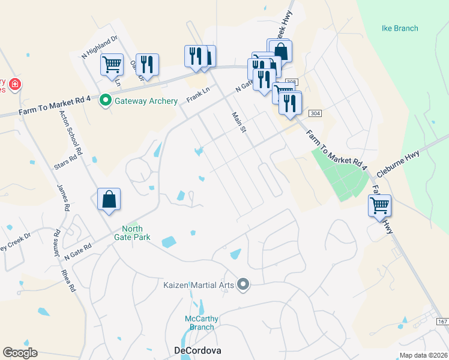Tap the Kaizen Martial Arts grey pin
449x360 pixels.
click(243, 284)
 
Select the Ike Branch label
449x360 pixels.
click(399, 28)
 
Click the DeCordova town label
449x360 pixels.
click(197, 350)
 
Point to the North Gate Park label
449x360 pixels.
click(140, 233)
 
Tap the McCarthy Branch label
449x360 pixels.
click(201, 323)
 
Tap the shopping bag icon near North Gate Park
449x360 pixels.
click(109, 199)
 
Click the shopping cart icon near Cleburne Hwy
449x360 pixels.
click(380, 205)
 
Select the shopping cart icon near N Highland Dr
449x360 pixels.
click(112, 64)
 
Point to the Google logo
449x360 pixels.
click(20, 353)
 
